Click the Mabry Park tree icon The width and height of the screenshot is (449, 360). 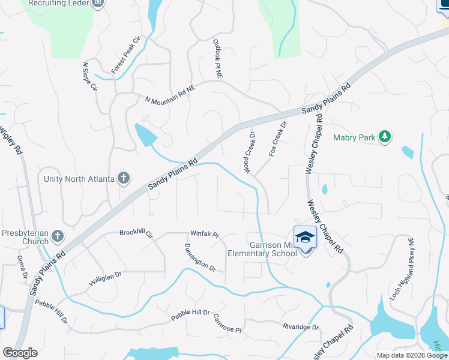pos(385,137)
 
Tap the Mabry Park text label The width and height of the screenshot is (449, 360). pos(354,138)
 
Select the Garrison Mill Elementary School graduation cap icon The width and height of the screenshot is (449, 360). pos(305,238)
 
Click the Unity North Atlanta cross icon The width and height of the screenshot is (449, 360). pos(124,178)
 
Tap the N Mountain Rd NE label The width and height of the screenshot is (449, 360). pos(170,93)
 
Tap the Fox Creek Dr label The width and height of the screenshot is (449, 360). pos(278,140)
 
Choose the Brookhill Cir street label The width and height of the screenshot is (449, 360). pos(137,232)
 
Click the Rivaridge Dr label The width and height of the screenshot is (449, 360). pos(301,327)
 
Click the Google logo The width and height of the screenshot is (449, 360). pos(20,353)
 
